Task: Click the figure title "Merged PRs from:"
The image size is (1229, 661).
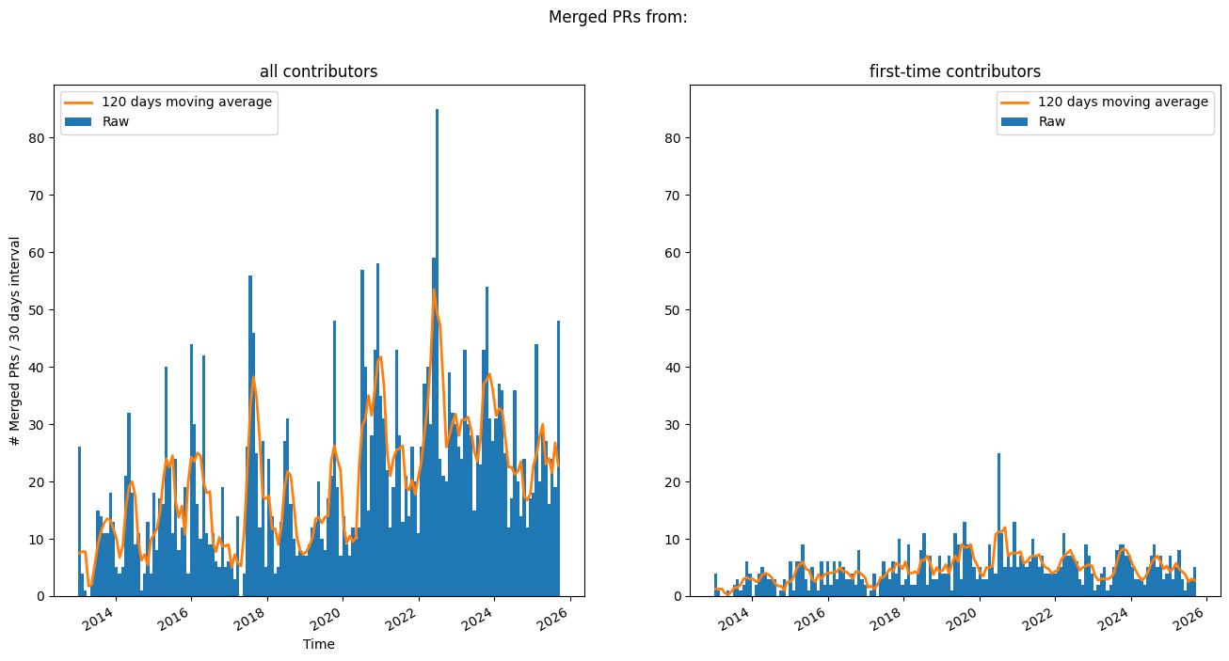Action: (617, 17)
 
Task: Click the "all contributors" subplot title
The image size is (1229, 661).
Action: (318, 71)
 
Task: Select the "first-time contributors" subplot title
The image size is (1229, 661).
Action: (954, 71)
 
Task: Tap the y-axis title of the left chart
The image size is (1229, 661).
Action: (15, 340)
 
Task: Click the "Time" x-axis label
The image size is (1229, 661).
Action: (318, 644)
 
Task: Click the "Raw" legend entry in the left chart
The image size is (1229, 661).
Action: (116, 121)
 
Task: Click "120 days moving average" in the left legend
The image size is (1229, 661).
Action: (186, 102)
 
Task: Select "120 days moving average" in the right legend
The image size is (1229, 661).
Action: (1123, 102)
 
